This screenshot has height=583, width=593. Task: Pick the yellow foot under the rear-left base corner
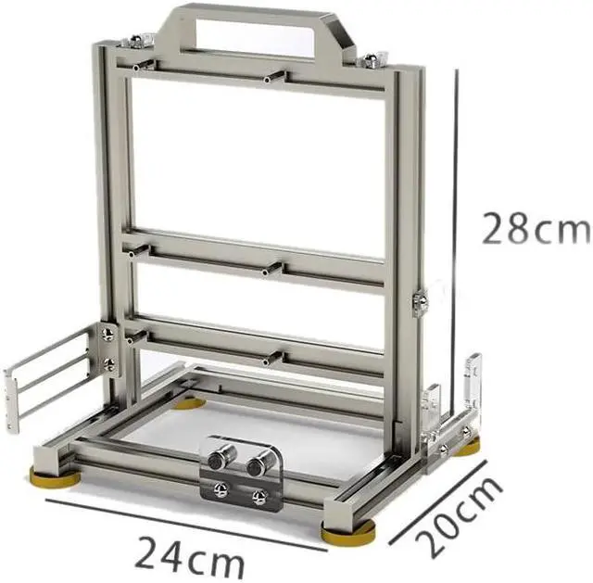[x=189, y=402]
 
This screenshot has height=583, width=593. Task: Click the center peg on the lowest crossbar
[x=271, y=356]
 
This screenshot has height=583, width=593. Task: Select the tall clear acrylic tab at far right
[x=473, y=381]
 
